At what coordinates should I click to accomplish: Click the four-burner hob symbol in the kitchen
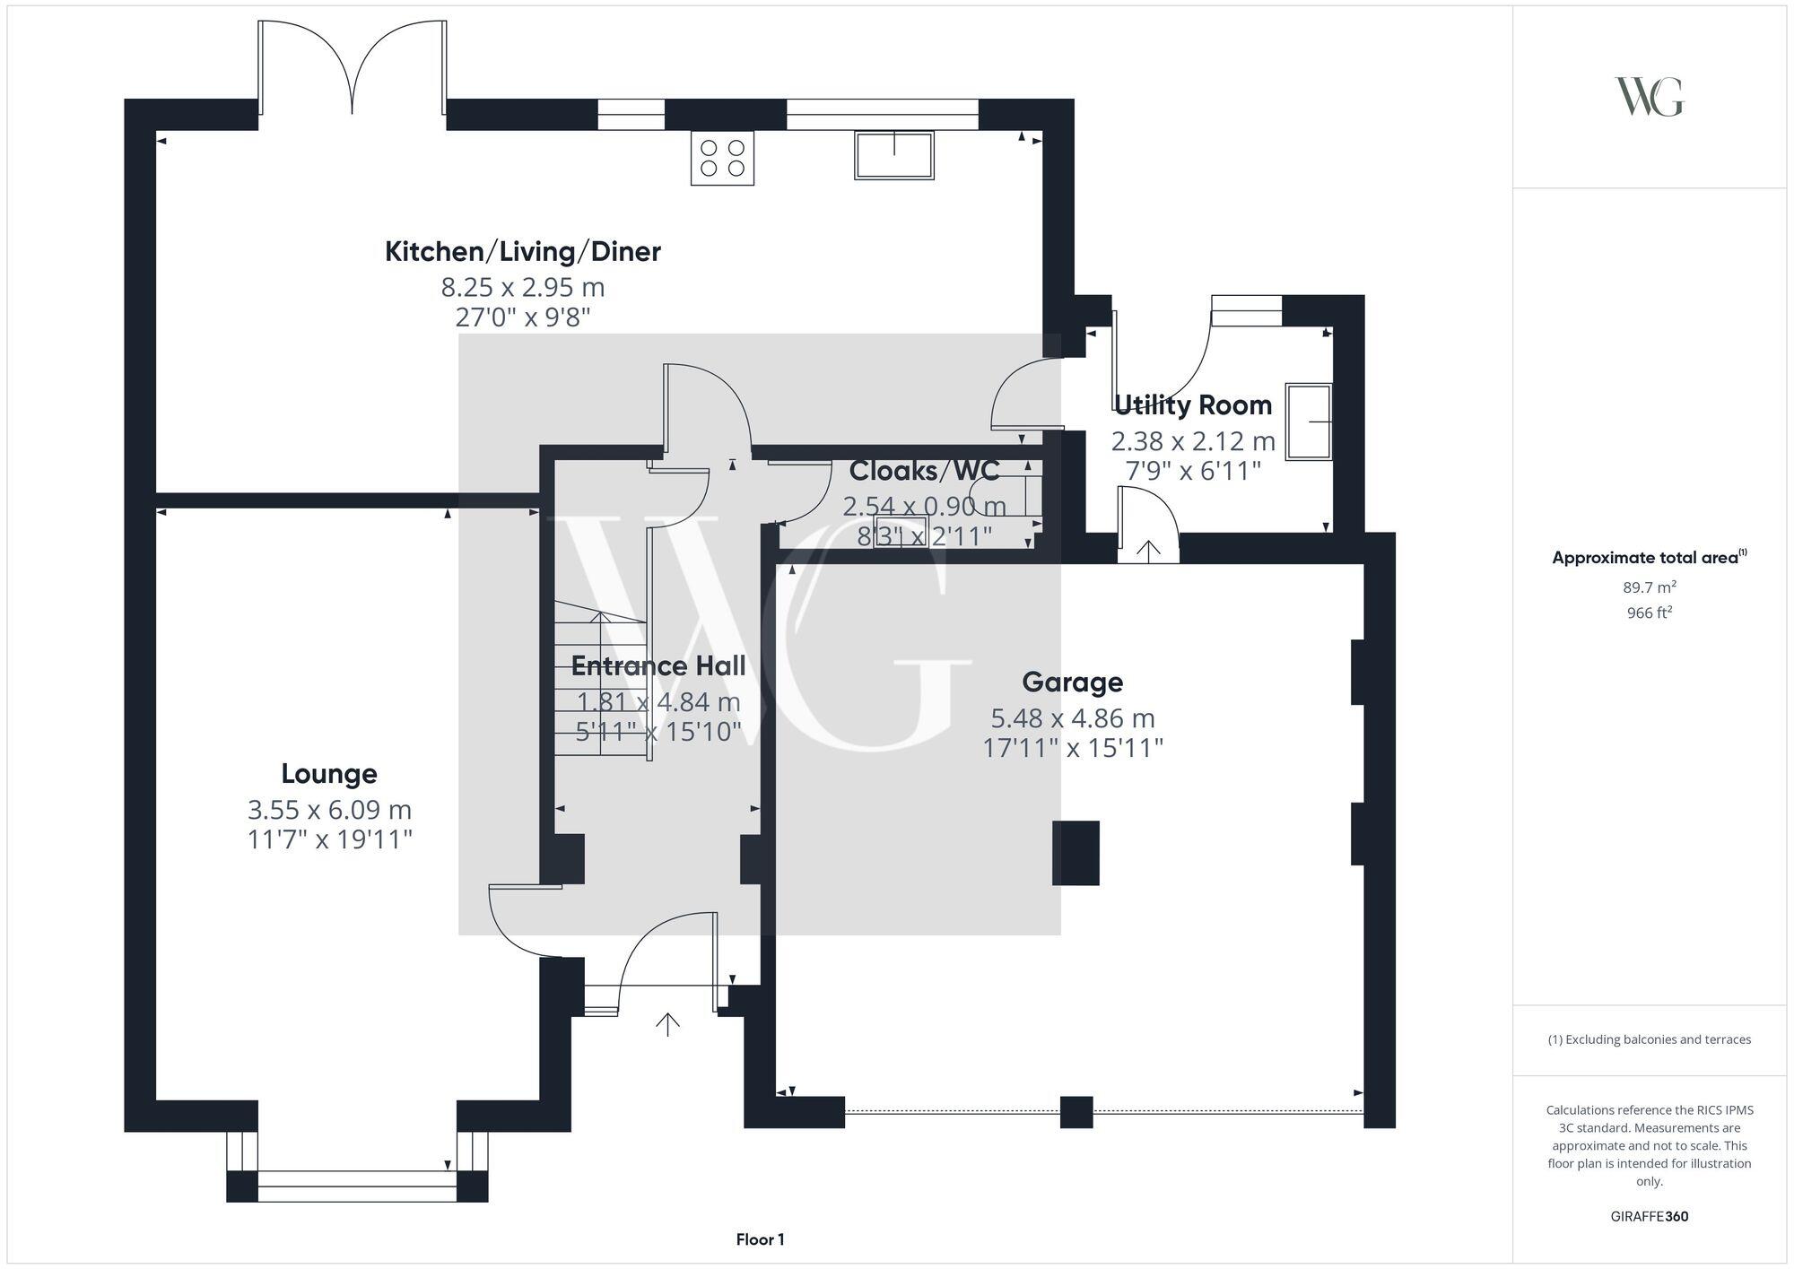pos(722,159)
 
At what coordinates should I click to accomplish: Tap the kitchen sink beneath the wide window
pos(893,155)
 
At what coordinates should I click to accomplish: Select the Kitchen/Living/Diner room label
pos(522,252)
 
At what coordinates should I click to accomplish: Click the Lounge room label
pos(329,773)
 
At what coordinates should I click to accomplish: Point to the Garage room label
pos(1072,682)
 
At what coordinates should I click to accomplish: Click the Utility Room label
pos(1193,405)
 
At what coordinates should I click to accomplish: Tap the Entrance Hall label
pos(658,666)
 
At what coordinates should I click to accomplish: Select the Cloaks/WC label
pos(924,471)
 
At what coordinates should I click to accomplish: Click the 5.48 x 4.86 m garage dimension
pos(1072,718)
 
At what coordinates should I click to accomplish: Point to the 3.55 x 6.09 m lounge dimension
pos(329,810)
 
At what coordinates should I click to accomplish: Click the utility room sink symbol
pos(1309,422)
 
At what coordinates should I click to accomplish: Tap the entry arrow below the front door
pos(667,1024)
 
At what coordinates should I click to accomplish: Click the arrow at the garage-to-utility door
pos(1148,549)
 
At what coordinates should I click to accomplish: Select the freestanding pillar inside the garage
pos(1076,853)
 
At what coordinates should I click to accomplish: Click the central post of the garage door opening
pos(1076,1112)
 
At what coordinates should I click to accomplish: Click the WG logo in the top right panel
pos(1649,97)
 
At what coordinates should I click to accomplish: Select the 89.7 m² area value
pos(1649,587)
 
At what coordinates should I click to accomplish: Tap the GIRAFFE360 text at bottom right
pos(1649,1217)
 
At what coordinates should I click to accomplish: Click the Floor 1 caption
pos(760,1239)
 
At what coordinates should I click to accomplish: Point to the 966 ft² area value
pos(1649,613)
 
